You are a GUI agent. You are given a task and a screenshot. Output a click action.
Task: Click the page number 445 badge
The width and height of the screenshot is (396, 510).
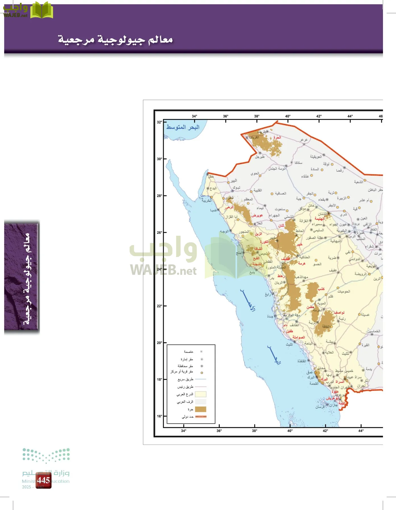click(x=43, y=480)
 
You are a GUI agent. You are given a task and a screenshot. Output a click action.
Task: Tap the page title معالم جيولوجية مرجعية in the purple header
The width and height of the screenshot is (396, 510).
click(x=115, y=39)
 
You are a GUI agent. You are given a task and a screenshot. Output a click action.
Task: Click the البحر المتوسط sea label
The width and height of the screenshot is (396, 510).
click(x=183, y=127)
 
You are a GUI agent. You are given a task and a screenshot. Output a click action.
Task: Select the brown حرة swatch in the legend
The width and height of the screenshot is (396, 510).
click(x=201, y=409)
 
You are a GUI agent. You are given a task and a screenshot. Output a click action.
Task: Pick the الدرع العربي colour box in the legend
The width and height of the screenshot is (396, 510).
click(x=201, y=394)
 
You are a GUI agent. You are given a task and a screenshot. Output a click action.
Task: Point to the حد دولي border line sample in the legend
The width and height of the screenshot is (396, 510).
click(x=201, y=416)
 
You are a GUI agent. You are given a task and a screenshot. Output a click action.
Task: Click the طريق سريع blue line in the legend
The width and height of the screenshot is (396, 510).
click(x=201, y=379)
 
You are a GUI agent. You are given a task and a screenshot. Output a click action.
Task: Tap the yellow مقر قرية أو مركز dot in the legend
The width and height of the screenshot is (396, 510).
click(x=202, y=373)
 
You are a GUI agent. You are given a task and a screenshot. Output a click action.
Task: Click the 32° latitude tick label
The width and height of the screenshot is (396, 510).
click(x=159, y=122)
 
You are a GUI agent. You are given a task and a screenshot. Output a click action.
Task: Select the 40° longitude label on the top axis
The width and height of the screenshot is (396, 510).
click(x=288, y=116)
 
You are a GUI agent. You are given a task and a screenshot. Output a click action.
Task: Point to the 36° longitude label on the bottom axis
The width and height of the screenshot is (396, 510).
click(x=219, y=431)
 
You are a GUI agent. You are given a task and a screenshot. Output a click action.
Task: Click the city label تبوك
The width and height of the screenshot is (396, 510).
click(x=236, y=188)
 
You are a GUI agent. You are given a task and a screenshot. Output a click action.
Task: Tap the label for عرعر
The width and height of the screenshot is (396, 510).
click(x=304, y=140)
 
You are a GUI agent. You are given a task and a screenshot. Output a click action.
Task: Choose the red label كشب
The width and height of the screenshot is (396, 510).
click(x=321, y=289)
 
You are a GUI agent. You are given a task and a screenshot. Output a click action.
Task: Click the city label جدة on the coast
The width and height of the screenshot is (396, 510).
click(x=270, y=316)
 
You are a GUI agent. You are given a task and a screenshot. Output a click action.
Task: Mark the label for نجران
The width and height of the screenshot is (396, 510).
click(x=361, y=386)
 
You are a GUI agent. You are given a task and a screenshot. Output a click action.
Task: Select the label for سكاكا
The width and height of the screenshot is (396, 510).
click(x=298, y=163)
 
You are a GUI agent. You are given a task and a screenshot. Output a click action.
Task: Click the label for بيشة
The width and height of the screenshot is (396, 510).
click(x=329, y=341)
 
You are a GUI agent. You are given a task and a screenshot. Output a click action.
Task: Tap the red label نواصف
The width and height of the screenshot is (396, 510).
click(x=339, y=312)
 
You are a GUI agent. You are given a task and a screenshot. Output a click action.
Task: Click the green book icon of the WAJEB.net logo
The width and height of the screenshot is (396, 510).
click(x=42, y=10)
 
